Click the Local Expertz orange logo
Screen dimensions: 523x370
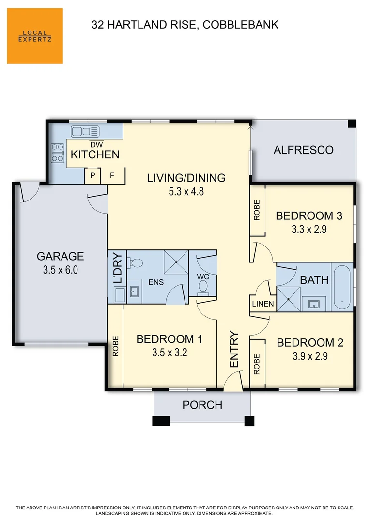coord(35,36)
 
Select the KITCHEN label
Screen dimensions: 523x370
coord(95,155)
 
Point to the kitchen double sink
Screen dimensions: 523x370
coord(85,131)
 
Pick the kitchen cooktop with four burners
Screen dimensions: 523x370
coord(58,154)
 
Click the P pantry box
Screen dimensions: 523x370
coord(92,176)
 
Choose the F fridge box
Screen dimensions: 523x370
coord(112,176)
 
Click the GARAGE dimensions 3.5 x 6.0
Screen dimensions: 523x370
coord(61,270)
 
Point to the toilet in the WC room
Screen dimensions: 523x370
coord(202,287)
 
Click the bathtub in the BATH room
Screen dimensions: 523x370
coord(342,287)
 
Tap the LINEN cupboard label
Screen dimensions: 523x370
coord(263,305)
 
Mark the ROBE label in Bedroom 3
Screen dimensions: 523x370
coord(257,210)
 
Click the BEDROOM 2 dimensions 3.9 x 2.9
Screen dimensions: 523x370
coord(310,357)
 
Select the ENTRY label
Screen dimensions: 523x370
coord(234,349)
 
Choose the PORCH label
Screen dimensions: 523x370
coord(202,405)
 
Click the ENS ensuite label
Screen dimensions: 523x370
coord(155,282)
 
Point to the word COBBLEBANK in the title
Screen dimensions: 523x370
coord(241,25)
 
